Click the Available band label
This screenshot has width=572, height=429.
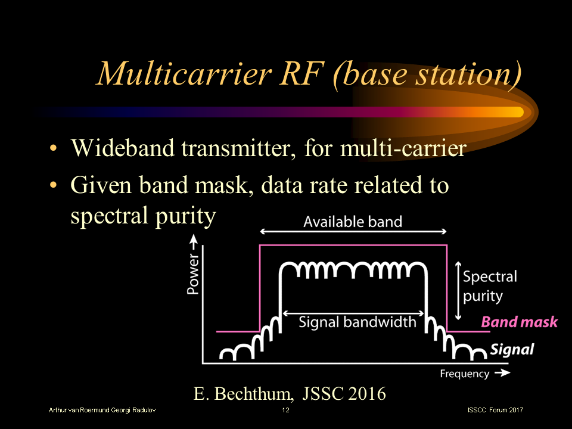click(353, 222)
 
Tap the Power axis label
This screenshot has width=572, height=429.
click(192, 276)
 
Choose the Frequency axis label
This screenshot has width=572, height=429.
click(464, 374)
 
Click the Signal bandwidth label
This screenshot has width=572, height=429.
click(357, 322)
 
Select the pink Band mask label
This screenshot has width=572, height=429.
click(519, 322)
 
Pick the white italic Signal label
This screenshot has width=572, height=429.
click(512, 350)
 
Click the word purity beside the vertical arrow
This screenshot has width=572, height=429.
click(483, 296)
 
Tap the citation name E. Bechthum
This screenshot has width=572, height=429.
click(244, 393)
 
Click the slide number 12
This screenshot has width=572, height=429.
click(285, 411)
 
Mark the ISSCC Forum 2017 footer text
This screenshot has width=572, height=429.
click(496, 411)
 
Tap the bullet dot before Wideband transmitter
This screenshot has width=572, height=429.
click(54, 148)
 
